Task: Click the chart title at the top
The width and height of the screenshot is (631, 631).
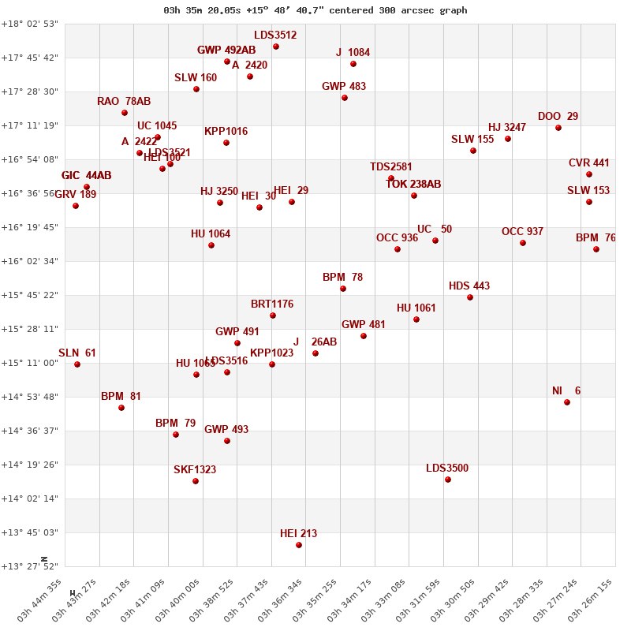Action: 315,10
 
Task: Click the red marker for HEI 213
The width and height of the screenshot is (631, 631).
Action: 299,545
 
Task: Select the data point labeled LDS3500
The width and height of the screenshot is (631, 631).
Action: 448,480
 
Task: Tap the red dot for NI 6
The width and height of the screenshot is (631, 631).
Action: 567,402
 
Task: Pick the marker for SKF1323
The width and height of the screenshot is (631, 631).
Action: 196,481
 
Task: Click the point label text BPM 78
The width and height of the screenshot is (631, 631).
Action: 342,278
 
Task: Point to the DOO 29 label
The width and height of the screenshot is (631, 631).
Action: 558,117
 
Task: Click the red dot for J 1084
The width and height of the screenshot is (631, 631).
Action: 353,64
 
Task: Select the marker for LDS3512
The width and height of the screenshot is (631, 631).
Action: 276,47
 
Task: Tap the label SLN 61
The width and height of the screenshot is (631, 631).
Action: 77,353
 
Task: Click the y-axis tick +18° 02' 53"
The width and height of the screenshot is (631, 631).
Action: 30,24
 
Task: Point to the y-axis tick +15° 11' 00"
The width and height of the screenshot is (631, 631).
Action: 30,363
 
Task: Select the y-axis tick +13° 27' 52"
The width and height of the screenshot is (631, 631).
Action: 30,566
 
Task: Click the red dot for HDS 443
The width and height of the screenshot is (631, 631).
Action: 470,297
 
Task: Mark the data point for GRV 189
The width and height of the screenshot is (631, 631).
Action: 76,206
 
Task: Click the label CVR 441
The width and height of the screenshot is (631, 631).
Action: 589,163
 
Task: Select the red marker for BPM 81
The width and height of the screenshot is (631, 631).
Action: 121,408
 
